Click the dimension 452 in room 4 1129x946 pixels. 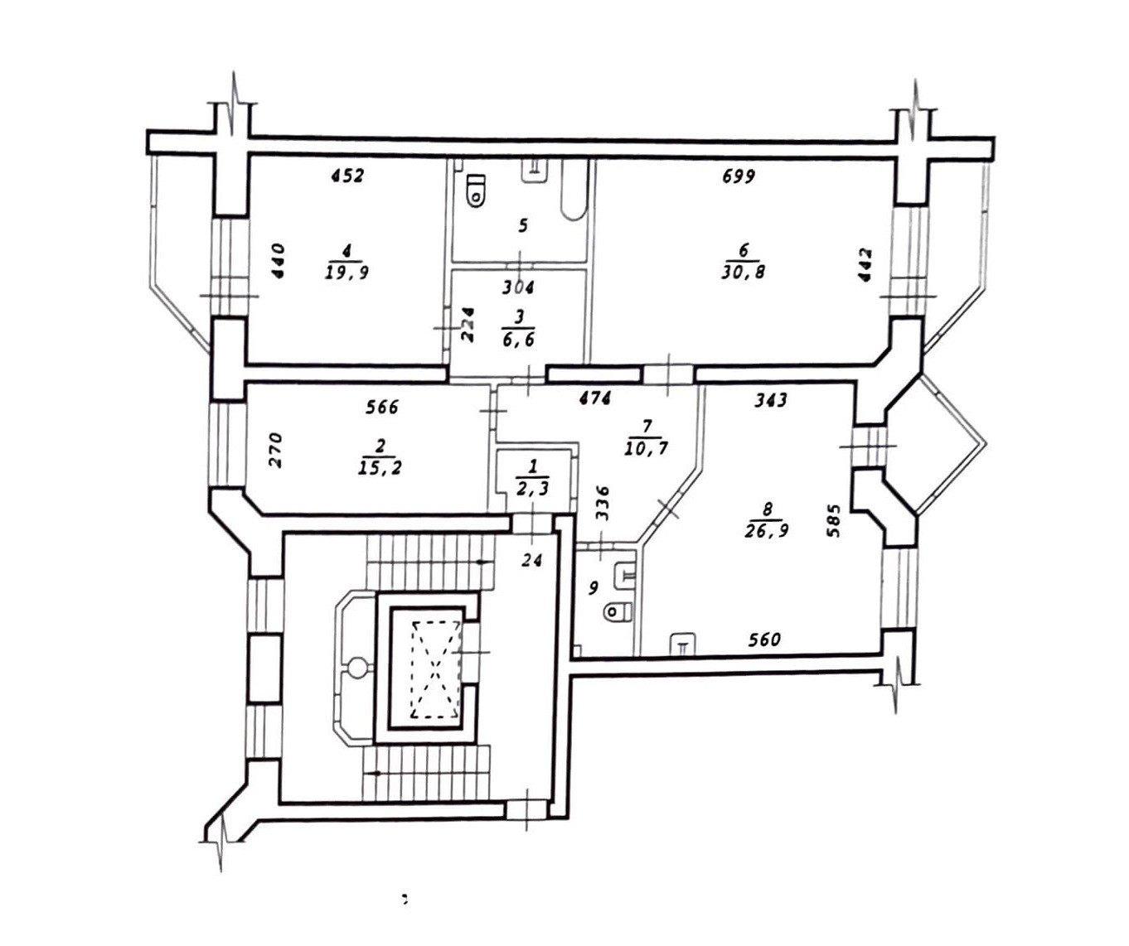[x=347, y=176]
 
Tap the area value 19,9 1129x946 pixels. [x=347, y=273]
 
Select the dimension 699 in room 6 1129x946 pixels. [x=738, y=176]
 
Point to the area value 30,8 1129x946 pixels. [x=743, y=272]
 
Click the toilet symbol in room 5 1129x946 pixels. [x=476, y=190]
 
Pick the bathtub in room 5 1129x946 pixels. [x=573, y=191]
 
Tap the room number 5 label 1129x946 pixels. [x=522, y=225]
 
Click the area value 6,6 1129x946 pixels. [x=518, y=340]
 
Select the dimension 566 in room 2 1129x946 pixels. [x=382, y=407]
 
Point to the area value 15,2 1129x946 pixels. [x=380, y=468]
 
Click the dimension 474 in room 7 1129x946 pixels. [x=594, y=398]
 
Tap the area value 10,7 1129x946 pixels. [x=647, y=449]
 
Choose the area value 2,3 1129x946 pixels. [x=532, y=490]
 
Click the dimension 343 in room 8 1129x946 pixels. [x=771, y=400]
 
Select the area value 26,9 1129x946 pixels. [x=767, y=531]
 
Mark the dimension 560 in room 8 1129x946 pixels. [x=763, y=640]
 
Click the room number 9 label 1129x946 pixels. [x=593, y=588]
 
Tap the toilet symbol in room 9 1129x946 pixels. [x=618, y=611]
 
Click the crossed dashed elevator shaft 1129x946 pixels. [x=436, y=669]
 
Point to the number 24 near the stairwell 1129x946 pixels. [x=531, y=561]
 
